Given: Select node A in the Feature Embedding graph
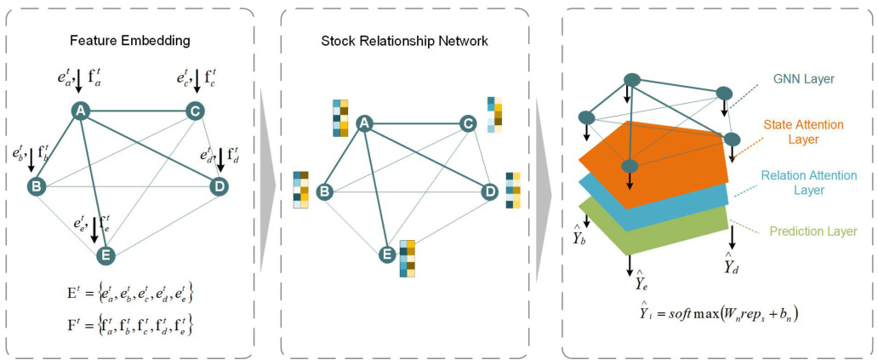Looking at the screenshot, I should coord(80,111).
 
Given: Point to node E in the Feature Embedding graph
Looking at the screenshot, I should coord(105,254).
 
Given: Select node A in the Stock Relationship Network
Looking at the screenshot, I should coord(365,124).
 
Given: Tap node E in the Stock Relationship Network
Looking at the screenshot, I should coord(386,252).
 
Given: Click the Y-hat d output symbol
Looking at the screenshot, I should coord(730,265).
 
